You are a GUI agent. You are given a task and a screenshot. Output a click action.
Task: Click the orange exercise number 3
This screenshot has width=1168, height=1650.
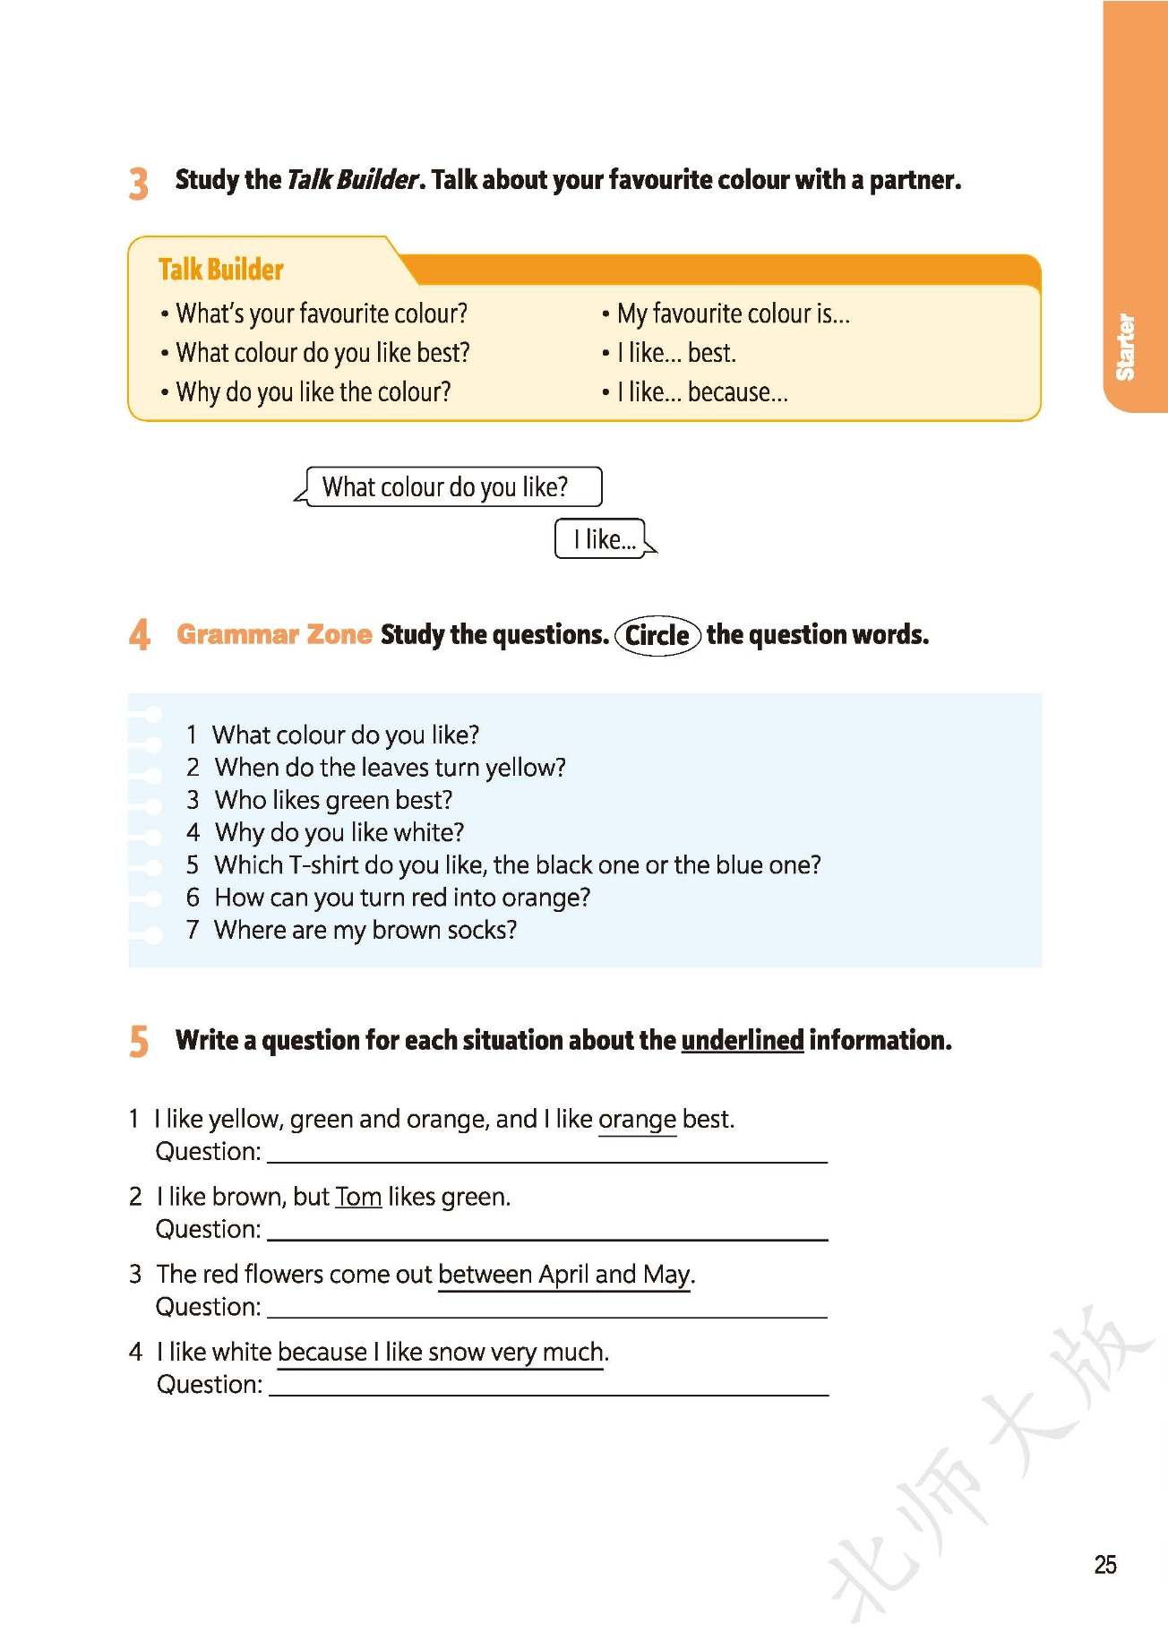click(138, 183)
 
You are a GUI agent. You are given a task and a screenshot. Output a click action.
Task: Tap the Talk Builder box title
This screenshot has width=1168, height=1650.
click(220, 269)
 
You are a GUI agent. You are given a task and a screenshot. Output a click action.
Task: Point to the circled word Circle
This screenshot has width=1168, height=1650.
click(657, 635)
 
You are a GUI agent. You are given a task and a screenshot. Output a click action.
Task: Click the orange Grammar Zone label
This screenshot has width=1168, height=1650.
click(274, 634)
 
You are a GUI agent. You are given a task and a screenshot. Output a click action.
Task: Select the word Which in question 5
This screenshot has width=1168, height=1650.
click(248, 865)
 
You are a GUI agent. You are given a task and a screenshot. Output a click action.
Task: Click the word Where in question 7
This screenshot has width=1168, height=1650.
click(246, 931)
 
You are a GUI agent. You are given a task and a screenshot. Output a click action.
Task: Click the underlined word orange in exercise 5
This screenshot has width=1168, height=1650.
click(637, 1120)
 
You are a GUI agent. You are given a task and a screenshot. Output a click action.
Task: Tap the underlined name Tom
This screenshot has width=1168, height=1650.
click(358, 1198)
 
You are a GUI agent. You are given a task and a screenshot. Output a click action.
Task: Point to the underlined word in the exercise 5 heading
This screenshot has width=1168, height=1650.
click(742, 1040)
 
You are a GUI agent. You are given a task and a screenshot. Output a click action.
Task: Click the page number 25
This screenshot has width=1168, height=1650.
click(1105, 1564)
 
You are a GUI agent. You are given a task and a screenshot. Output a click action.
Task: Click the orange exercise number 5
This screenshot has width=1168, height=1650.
click(139, 1042)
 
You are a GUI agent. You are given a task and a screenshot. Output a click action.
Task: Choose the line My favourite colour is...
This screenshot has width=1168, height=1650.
click(733, 314)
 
